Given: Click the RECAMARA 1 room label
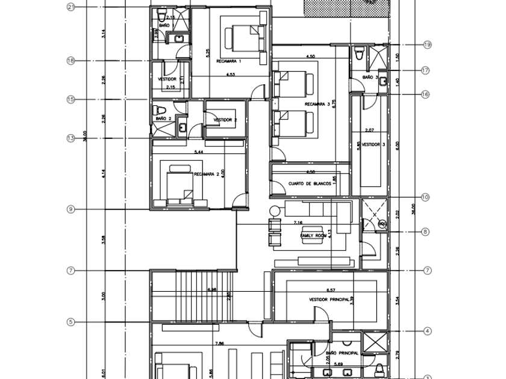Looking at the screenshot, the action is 228,61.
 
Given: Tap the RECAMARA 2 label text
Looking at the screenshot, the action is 206,174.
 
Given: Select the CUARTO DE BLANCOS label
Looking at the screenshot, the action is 310,184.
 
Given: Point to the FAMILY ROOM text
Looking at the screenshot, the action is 313,236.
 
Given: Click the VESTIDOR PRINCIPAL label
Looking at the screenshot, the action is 329,299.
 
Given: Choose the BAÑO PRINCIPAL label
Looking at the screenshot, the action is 342,353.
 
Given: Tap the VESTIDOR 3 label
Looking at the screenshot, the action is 374,144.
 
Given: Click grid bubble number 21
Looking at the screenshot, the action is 70,7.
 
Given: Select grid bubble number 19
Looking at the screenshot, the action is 428,45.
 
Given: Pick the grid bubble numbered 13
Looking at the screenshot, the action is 70,138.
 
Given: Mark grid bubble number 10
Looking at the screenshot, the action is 425,197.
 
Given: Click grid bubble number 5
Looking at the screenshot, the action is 70,322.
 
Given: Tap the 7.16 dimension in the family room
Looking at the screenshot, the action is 297,223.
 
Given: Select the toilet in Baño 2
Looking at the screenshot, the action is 159,110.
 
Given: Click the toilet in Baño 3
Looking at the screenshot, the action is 360,55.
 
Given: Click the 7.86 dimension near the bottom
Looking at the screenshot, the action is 219,344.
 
